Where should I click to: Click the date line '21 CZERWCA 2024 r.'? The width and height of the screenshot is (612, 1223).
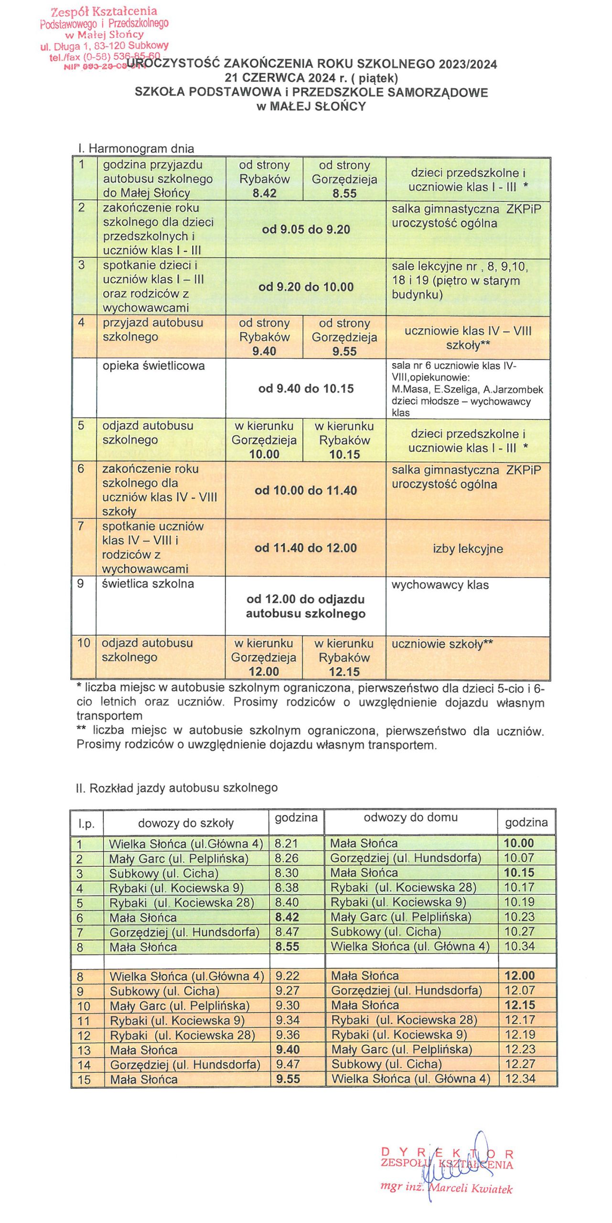tap(311, 78)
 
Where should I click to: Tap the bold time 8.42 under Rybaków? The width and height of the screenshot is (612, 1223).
tap(264, 193)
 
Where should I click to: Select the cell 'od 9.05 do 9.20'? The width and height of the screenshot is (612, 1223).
tap(306, 229)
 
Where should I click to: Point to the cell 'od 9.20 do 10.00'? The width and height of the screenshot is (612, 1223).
tap(306, 287)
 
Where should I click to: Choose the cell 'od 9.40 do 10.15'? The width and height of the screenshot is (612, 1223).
tap(306, 388)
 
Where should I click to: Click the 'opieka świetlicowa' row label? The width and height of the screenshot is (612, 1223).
tap(153, 366)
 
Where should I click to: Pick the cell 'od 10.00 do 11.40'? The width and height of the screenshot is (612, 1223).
tap(306, 490)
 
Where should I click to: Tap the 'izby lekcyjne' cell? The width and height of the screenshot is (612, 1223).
tap(468, 548)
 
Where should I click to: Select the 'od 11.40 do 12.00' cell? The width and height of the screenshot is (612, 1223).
tap(306, 548)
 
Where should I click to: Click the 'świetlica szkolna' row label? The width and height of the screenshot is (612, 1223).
tap(148, 584)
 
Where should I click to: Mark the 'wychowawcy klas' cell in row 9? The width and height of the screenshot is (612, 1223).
tap(440, 585)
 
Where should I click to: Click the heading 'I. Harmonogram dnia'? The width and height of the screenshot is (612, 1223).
tap(136, 149)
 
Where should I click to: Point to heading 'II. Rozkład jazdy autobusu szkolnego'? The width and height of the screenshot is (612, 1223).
tap(177, 788)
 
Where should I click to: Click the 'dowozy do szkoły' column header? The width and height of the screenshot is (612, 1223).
tap(186, 823)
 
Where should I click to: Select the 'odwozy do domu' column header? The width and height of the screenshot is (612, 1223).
tap(410, 817)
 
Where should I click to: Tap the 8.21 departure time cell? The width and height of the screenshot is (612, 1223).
tap(287, 844)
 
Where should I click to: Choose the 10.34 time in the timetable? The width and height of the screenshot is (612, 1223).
tap(519, 946)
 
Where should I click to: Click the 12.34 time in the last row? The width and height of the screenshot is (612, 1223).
tap(520, 1078)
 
